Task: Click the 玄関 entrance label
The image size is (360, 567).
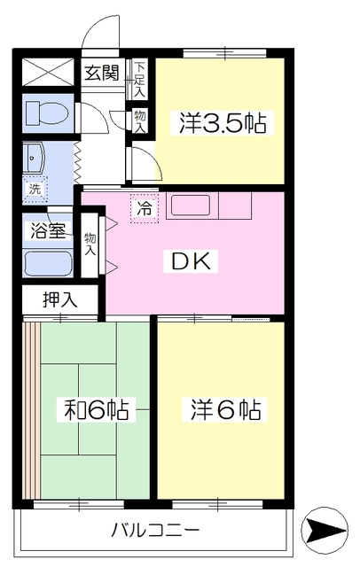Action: click(x=102, y=73)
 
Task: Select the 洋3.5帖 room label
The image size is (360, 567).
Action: click(x=223, y=123)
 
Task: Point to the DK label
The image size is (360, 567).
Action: click(x=191, y=260)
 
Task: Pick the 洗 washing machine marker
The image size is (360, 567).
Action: click(x=35, y=189)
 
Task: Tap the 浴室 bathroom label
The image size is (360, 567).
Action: click(x=48, y=230)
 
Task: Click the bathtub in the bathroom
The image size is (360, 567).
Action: click(x=49, y=262)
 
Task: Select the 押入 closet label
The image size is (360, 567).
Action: click(x=60, y=299)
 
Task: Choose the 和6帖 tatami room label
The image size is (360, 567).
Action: click(x=96, y=409)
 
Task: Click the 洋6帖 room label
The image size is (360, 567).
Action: click(x=226, y=409)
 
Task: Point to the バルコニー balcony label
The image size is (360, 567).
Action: click(x=155, y=531)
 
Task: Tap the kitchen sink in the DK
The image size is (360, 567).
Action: click(x=191, y=206)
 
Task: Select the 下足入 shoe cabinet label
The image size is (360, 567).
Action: click(x=139, y=80)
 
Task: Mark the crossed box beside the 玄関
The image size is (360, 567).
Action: click(x=49, y=72)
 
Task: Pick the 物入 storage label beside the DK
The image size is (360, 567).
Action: click(x=90, y=245)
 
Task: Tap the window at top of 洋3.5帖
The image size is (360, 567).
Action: click(x=224, y=53)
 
